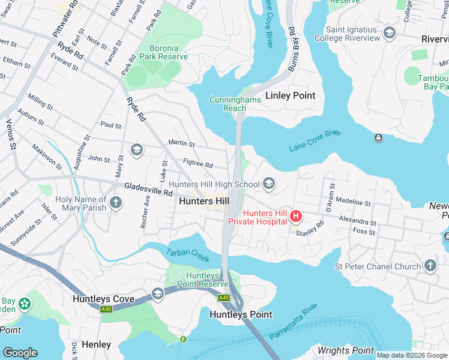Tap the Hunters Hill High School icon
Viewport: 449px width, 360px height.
pyautogui.click(x=269, y=184)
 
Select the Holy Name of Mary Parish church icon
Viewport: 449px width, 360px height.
pyautogui.click(x=116, y=204)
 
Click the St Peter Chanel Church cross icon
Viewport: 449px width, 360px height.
pyautogui.click(x=430, y=266)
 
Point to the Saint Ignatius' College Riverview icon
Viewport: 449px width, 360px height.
pyautogui.click(x=390, y=32)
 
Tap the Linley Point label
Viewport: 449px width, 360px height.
pyautogui.click(x=290, y=95)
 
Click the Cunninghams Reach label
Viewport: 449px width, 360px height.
pyautogui.click(x=235, y=104)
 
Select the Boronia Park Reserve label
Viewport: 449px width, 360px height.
pyautogui.click(x=159, y=52)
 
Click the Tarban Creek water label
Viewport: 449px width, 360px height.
pyautogui.click(x=187, y=255)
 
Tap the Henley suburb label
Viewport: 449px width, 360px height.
pyautogui.click(x=96, y=344)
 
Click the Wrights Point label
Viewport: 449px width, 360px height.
pyautogui.click(x=346, y=350)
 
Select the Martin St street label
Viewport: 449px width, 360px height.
pyautogui.click(x=181, y=144)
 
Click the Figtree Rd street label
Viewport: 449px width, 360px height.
pyautogui.click(x=197, y=164)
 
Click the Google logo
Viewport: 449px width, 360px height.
pyautogui.click(x=20, y=352)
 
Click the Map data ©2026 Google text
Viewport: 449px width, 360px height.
pyautogui.click(x=411, y=355)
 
